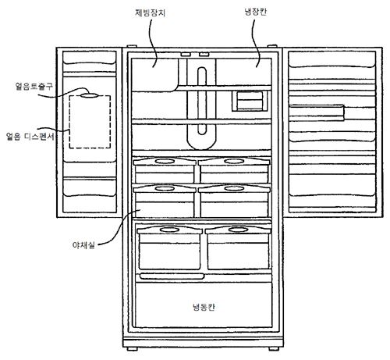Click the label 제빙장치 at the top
pos(150,12)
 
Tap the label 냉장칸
pos(255,12)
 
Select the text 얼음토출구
pos(34,86)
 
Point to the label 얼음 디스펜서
pos(30,136)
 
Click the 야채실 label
pos(83,245)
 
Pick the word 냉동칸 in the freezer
pos(204,307)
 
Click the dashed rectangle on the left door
pos(69,122)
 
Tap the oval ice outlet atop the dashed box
pos(89,95)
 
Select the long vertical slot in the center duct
pos(202,101)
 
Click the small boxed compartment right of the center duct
pos(250,101)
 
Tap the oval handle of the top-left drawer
pos(165,162)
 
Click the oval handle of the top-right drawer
pos(234,162)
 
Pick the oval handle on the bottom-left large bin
pos(169,230)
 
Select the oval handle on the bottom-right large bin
pos(238,230)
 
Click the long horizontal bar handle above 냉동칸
pos(172,276)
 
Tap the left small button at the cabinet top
pos(186,55)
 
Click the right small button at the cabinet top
pos(204,55)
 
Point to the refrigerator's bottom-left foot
pos(132,349)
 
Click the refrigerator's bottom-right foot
pos(273,349)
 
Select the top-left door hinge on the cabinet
pos(132,46)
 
